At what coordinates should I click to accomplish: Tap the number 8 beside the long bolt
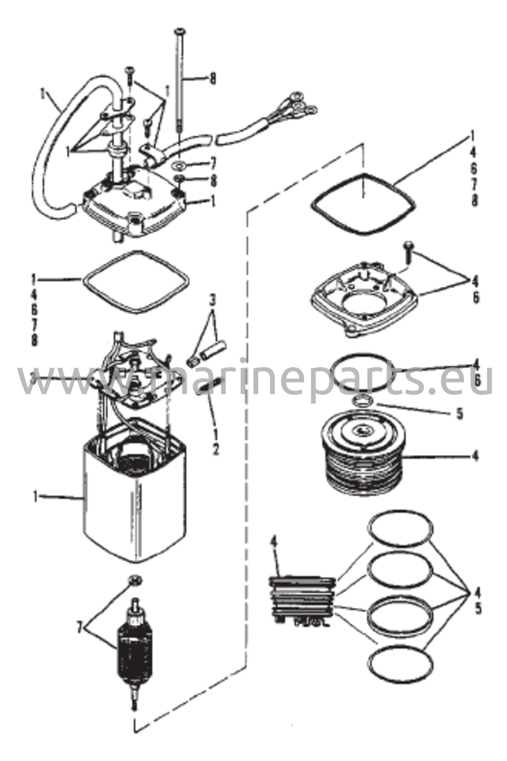[x=213, y=78]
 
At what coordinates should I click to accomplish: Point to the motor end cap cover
[x=134, y=208]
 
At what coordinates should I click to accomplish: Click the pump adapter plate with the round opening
[x=365, y=301]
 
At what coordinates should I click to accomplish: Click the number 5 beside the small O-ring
[x=460, y=414]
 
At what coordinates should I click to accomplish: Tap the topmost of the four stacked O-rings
[x=401, y=529]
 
